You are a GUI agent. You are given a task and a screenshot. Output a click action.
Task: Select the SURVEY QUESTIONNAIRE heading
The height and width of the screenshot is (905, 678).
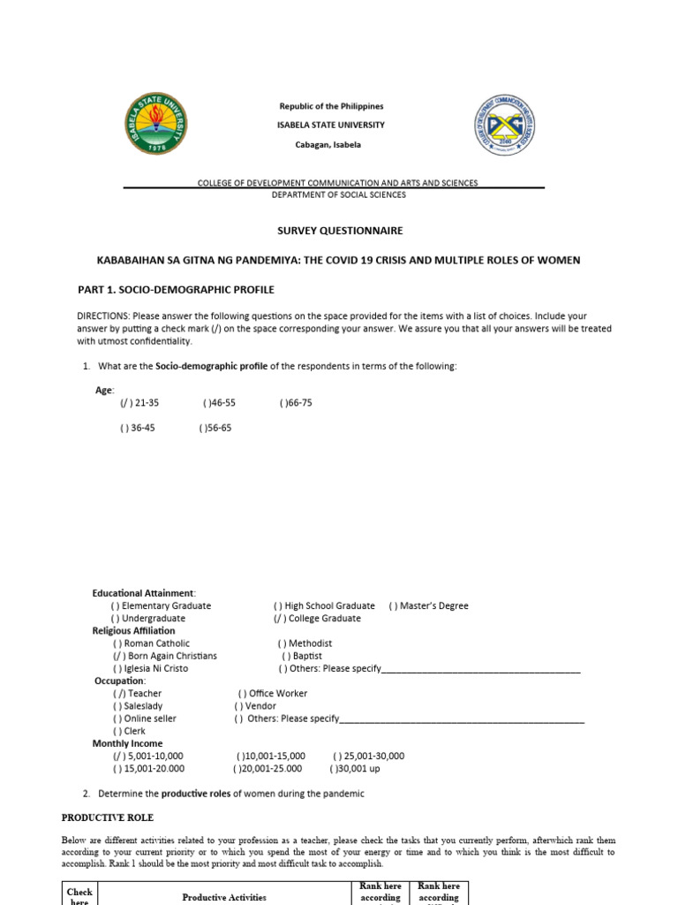tap(340, 231)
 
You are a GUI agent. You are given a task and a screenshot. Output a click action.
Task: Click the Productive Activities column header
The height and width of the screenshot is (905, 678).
tap(224, 897)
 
